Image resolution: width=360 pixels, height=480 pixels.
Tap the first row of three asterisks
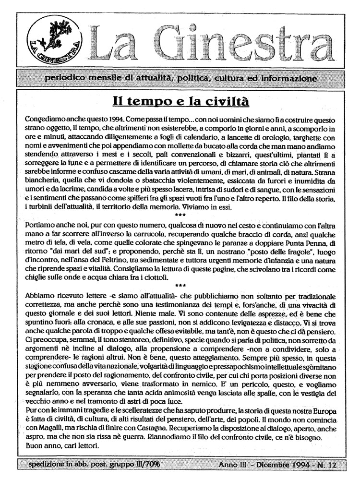(x=180, y=214)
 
